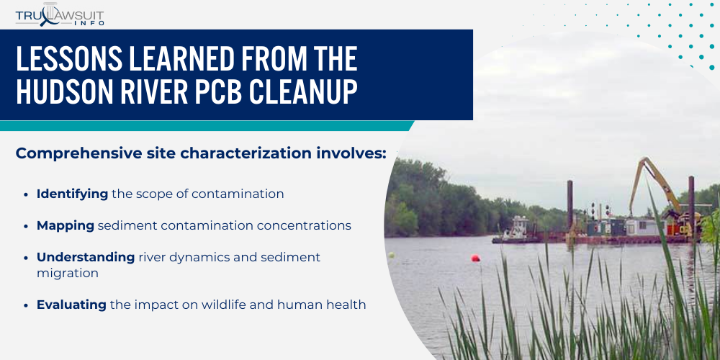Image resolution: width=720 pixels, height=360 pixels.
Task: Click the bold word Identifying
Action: coord(72,194)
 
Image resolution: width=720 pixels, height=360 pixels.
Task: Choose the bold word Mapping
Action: coord(66,225)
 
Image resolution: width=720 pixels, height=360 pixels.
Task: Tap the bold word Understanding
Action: coord(86,257)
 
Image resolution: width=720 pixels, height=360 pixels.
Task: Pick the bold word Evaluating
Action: coord(71,305)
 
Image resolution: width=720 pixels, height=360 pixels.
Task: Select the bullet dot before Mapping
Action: coord(27,226)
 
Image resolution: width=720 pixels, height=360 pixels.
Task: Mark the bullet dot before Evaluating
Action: coord(27,305)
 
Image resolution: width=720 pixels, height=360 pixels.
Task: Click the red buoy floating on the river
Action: coord(475,258)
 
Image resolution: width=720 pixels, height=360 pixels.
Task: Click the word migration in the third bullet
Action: coord(68,274)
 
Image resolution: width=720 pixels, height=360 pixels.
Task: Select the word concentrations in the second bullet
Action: coord(305,225)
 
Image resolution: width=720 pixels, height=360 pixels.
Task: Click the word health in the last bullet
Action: coord(348,305)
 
